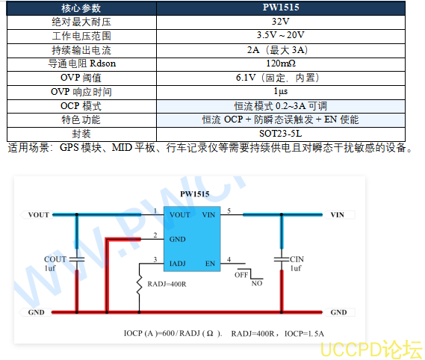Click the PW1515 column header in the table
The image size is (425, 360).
point(281,8)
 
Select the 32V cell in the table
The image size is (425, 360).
point(281,22)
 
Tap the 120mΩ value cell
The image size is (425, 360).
point(281,64)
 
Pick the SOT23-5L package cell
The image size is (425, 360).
point(281,134)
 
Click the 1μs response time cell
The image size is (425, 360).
point(281,92)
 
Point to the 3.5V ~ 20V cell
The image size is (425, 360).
point(281,36)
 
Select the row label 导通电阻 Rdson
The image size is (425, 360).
point(82,64)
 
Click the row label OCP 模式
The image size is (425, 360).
point(81,106)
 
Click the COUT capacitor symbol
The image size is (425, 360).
point(77,259)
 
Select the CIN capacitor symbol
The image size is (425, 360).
point(282,259)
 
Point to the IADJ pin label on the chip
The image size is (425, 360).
point(178,264)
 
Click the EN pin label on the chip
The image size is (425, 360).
point(210,264)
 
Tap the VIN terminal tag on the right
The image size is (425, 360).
point(339,214)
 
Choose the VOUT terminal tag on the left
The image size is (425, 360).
point(37,214)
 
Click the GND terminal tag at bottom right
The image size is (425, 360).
point(339,312)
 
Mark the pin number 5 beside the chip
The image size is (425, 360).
point(229,211)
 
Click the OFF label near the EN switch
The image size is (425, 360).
point(241,275)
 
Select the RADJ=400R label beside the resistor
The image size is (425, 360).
point(167,284)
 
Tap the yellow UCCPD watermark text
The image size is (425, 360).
point(370,350)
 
